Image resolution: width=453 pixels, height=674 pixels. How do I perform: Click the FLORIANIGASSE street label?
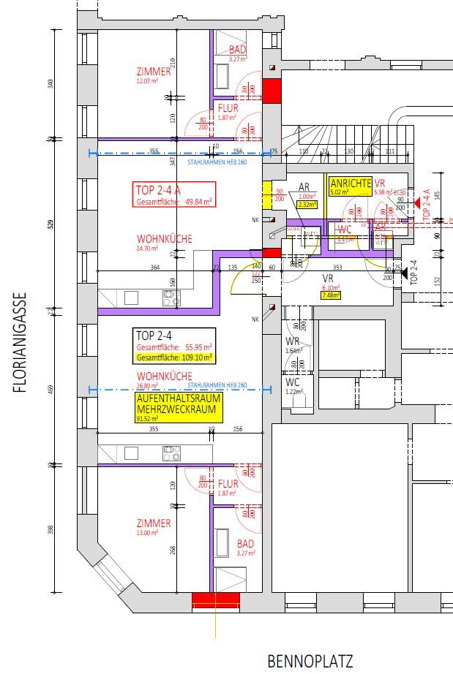[x=20, y=343]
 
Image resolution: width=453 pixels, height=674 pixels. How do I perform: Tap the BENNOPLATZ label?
[x=310, y=662]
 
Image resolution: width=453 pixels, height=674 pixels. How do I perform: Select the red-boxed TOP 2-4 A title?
[x=158, y=190]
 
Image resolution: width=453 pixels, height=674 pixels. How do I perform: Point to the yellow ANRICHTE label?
[x=351, y=183]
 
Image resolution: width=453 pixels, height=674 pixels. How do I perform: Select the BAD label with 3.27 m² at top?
[x=238, y=49]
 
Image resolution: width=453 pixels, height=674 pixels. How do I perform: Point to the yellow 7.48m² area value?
[x=330, y=295]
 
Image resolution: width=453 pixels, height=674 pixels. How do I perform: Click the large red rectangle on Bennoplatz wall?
[x=215, y=600]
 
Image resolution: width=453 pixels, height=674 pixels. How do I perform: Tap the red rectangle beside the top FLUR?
[x=272, y=91]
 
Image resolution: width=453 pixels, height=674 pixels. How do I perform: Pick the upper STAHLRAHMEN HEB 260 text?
[x=217, y=162]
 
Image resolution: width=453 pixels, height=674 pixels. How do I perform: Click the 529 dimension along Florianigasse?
[x=50, y=223]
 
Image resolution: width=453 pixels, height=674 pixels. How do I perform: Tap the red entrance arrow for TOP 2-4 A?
[x=416, y=205]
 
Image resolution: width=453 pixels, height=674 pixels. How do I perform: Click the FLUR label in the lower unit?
[x=228, y=484]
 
